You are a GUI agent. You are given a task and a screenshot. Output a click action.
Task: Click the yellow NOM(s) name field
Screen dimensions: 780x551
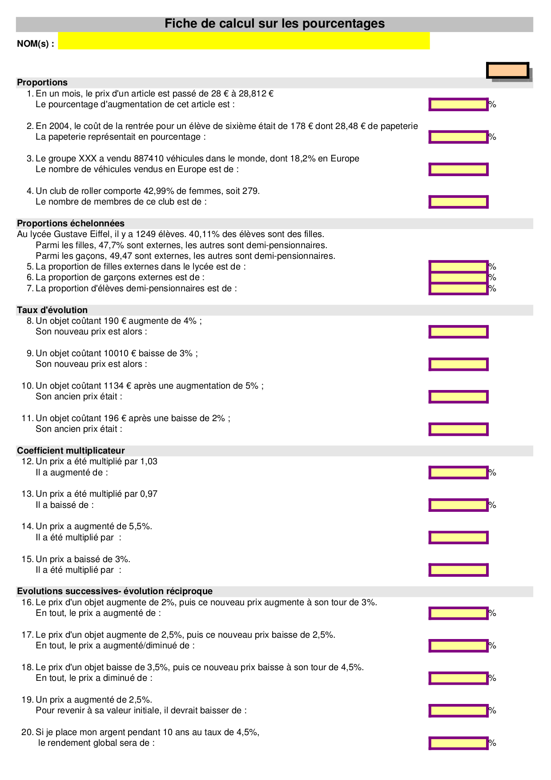[244, 41]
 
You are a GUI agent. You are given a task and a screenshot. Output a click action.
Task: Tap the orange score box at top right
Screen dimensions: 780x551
[507, 70]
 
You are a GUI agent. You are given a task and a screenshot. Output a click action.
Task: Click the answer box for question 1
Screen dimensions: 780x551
[458, 105]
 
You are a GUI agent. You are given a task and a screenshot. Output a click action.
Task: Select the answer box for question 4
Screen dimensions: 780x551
[458, 202]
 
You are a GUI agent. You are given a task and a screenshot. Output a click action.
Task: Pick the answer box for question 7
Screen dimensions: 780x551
[458, 289]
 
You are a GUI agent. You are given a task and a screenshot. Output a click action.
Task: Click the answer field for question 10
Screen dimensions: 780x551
[458, 397]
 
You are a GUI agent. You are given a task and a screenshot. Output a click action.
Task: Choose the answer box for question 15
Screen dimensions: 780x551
[458, 570]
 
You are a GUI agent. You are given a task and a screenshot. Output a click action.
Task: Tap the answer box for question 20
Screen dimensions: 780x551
[458, 743]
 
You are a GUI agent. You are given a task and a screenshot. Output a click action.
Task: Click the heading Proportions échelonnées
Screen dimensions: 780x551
[71, 224]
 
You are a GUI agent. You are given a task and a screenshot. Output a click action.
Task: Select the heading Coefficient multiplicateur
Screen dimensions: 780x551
[71, 451]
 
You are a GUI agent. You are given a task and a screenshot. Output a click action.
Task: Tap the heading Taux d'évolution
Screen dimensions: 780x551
[52, 310]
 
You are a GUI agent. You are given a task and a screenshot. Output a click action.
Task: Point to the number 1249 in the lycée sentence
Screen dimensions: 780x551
[145, 234]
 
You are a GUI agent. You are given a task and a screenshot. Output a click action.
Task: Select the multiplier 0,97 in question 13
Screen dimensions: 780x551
[149, 494]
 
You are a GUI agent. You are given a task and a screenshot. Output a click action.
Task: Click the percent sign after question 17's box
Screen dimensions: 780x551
[492, 646]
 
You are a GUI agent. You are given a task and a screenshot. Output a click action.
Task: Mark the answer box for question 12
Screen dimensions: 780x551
[458, 473]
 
